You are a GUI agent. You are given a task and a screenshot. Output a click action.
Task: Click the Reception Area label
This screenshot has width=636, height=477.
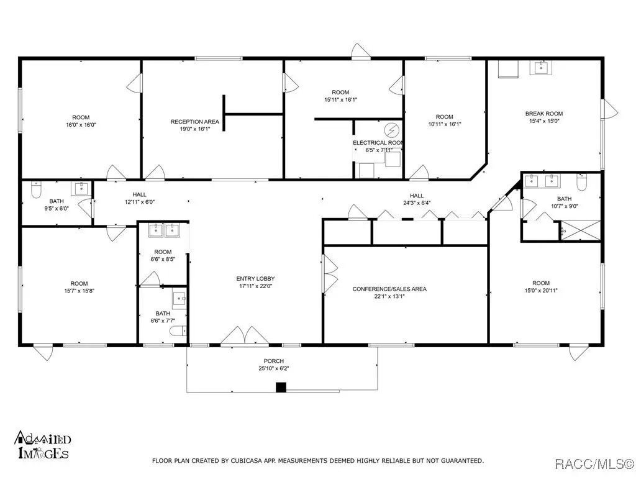194,122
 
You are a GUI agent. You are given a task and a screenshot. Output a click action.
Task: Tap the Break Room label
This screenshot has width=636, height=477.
544,114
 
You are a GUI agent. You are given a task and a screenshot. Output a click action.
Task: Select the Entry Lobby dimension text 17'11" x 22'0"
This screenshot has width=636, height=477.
255,286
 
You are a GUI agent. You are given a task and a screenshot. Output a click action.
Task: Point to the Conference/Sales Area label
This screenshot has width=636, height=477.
389,289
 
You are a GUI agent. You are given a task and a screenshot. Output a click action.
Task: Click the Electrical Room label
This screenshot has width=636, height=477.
378,143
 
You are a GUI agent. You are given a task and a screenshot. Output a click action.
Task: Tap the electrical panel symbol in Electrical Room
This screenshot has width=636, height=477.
392,130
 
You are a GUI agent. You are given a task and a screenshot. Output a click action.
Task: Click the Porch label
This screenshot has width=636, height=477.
274,361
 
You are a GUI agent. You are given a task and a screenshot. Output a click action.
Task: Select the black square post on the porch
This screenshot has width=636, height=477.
281,388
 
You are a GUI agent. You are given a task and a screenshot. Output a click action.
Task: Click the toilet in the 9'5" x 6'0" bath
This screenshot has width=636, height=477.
37,190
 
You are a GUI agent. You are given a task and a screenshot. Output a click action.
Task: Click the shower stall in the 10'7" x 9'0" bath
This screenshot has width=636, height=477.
580,230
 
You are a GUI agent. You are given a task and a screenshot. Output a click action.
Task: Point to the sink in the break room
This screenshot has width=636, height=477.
541,68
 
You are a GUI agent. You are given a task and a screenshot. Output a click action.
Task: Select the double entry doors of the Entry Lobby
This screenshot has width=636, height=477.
245,335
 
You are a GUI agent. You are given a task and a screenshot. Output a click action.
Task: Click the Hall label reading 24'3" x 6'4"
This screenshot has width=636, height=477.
417,199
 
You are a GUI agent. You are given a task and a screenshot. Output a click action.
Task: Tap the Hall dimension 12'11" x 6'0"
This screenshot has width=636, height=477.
140,202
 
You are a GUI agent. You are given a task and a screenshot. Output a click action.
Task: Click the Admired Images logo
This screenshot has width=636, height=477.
43,445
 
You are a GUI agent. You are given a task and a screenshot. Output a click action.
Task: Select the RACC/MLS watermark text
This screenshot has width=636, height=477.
594,463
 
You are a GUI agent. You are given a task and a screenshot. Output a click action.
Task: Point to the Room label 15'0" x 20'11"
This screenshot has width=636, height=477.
541,286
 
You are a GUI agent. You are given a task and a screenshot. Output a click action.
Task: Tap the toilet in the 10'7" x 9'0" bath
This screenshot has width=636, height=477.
582,183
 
